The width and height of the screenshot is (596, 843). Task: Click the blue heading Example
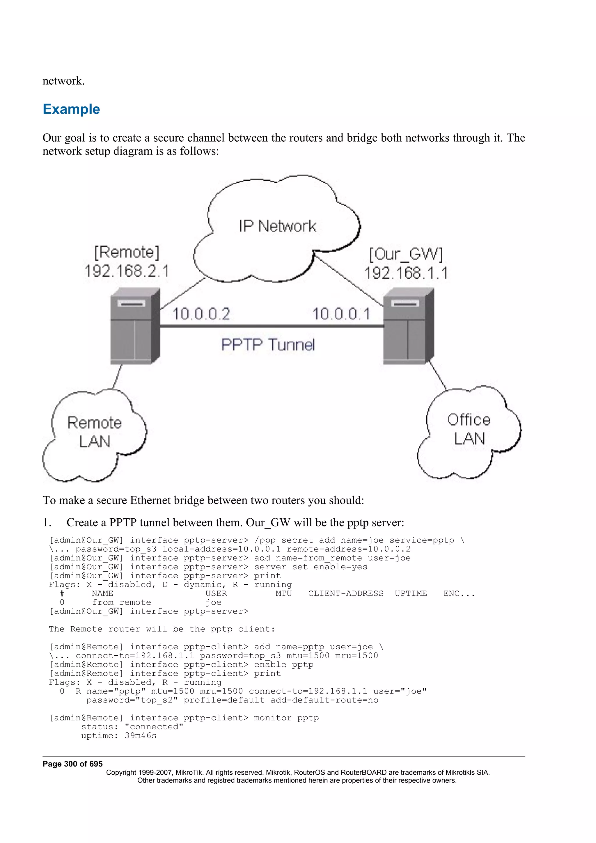point(71,109)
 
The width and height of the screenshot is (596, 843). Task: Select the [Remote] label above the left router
point(127,252)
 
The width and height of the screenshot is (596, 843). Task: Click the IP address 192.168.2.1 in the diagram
point(127,271)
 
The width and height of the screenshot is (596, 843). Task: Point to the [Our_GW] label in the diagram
point(406,254)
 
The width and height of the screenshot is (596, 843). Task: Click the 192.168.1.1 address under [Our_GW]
point(406,273)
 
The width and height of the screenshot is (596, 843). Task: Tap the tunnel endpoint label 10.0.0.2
point(201,314)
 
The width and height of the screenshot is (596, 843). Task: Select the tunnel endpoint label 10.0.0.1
point(341,314)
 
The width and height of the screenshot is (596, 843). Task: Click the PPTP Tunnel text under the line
point(268,345)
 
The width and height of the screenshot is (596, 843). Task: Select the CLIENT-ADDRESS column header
point(345,594)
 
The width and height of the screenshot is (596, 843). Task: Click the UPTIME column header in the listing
point(411,594)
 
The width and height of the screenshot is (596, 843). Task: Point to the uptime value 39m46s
point(140,736)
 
